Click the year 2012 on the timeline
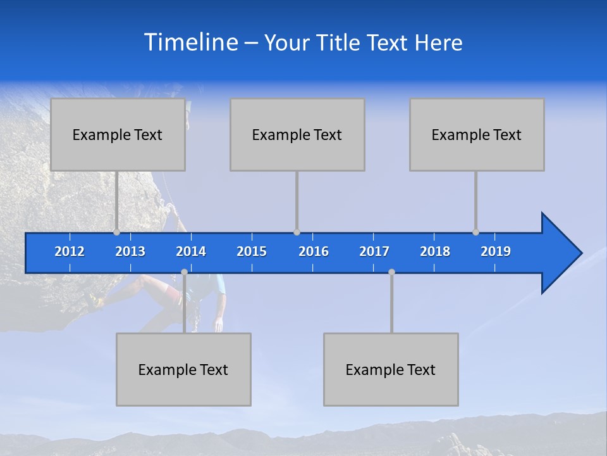[x=70, y=251]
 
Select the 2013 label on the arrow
[x=130, y=251]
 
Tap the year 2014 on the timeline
[x=191, y=251]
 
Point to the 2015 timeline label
[x=252, y=251]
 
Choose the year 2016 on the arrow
[x=314, y=251]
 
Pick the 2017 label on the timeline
[x=374, y=251]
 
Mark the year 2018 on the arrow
[x=435, y=251]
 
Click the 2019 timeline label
[x=496, y=251]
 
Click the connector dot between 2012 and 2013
[x=116, y=232]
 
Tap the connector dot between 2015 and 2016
[x=297, y=232]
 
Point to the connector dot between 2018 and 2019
[x=475, y=232]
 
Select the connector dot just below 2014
[x=184, y=272]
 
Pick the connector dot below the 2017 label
[x=391, y=272]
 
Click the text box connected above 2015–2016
[x=297, y=134]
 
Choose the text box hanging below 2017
[x=391, y=369]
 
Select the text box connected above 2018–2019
[x=477, y=134]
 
